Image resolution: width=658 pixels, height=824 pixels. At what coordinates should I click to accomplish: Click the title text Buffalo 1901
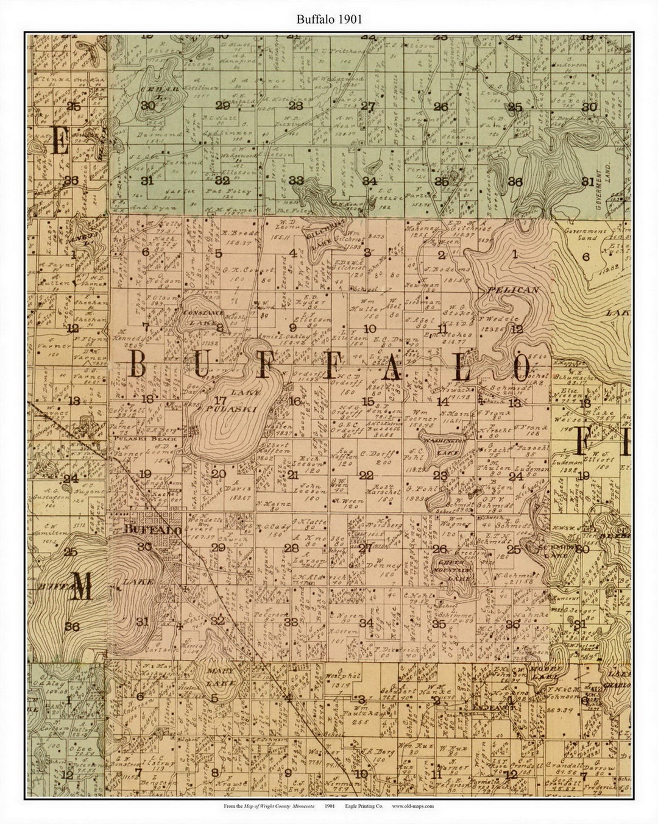(329, 19)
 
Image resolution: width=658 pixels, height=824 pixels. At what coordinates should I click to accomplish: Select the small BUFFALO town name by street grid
(152, 530)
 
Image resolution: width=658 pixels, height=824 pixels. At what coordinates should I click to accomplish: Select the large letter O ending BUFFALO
(522, 368)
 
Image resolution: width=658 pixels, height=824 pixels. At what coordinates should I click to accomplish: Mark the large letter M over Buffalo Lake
(82, 589)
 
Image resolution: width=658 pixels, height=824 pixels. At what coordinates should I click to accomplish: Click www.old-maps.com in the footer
(412, 806)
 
